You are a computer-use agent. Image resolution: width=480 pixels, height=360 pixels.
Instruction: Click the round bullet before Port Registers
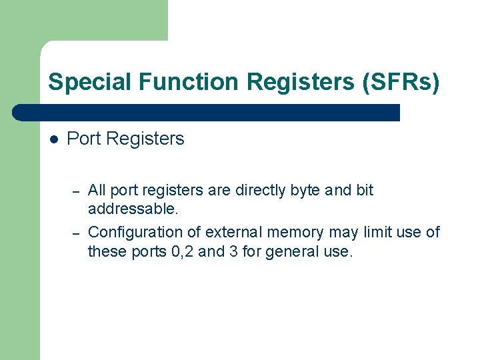click(x=55, y=139)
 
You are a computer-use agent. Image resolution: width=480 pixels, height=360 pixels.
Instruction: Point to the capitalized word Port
click(x=85, y=139)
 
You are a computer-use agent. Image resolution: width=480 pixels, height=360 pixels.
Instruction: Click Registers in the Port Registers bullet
click(x=145, y=139)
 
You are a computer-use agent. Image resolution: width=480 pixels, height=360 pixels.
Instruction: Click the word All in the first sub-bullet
click(x=97, y=190)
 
